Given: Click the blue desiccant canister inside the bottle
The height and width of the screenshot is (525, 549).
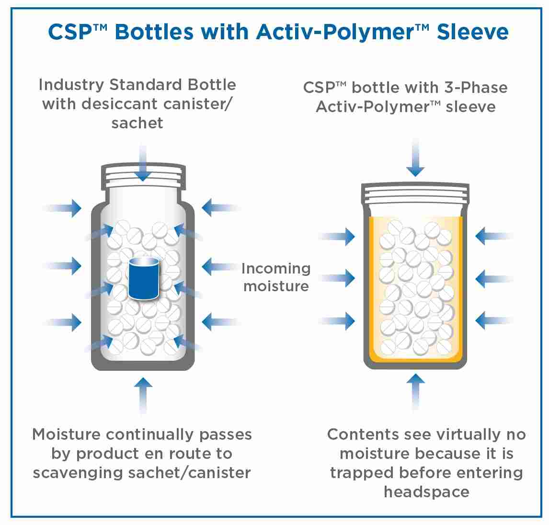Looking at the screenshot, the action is click(144, 278).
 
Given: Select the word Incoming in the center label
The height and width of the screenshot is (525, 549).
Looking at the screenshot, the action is click(276, 269).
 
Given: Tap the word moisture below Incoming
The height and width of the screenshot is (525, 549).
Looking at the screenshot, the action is click(276, 286).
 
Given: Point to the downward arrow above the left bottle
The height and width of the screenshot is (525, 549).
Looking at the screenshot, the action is click(142, 165).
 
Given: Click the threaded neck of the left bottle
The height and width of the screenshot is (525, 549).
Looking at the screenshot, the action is click(143, 176).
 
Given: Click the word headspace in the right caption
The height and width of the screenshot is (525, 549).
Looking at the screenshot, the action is click(426, 492).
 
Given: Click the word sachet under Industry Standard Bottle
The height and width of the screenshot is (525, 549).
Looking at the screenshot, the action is click(137, 123).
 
